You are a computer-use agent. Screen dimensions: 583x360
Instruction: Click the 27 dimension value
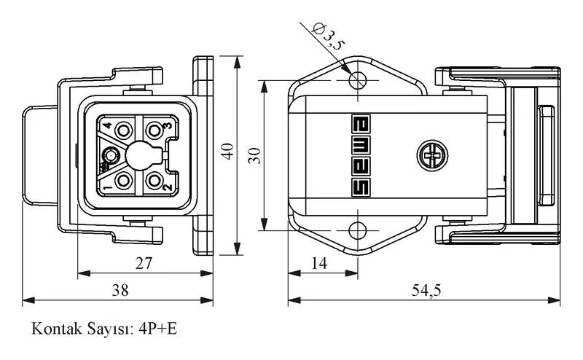point(144,263)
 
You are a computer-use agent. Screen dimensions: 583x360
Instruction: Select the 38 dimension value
point(120,290)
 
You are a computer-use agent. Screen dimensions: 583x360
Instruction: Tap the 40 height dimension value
point(227,152)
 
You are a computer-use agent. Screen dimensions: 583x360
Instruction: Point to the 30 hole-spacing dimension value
point(254,155)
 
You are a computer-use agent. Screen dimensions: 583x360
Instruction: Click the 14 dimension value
point(319,263)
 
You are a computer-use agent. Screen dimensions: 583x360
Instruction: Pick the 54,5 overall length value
point(426,290)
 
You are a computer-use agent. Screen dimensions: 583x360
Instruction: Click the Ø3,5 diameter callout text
point(329,36)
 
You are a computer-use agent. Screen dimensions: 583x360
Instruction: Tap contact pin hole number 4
point(123,130)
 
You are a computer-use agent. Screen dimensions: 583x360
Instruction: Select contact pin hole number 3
point(154,130)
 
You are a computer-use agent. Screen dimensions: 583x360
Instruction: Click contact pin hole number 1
point(123,181)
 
